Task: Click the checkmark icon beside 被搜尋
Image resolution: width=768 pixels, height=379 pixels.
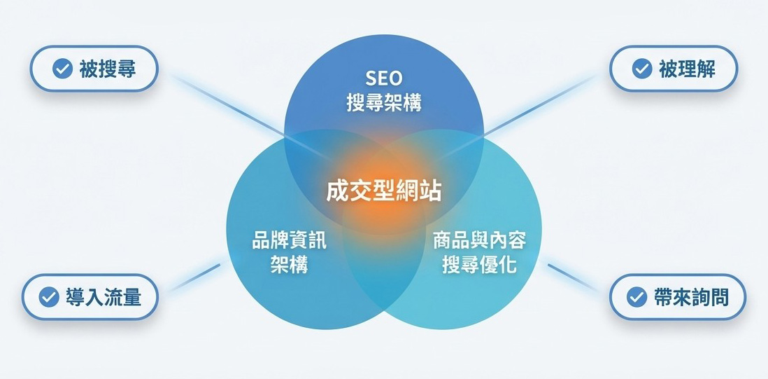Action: (x=62, y=69)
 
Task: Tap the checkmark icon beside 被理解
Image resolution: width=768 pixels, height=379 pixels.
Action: (x=641, y=69)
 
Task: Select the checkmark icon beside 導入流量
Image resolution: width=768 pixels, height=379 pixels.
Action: (x=48, y=297)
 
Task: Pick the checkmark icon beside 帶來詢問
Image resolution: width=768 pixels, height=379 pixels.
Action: (x=636, y=297)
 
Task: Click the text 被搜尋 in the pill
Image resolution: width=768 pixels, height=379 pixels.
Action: (x=107, y=69)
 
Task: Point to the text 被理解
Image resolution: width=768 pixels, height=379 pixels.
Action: (x=687, y=69)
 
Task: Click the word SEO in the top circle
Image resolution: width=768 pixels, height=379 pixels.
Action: (x=384, y=77)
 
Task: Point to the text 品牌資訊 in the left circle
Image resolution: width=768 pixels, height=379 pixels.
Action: (x=289, y=241)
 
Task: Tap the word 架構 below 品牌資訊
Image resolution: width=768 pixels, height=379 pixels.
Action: (x=289, y=266)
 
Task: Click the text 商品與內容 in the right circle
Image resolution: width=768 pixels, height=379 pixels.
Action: (x=479, y=241)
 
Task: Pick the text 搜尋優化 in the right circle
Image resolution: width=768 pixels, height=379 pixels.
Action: (x=479, y=266)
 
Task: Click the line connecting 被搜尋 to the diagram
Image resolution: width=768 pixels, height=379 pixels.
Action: (x=224, y=105)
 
